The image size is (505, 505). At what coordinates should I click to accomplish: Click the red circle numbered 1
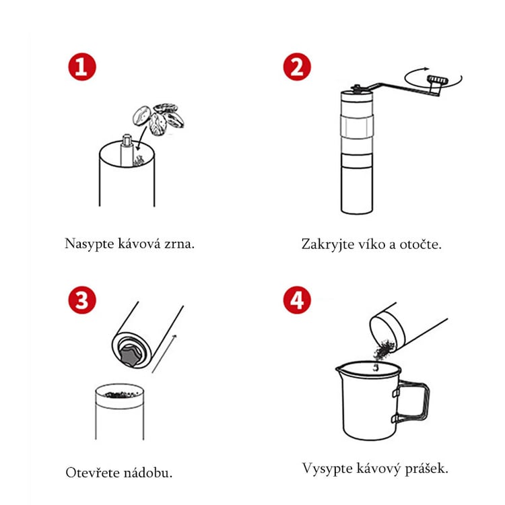pos(81,67)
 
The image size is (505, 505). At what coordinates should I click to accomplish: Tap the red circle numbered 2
pos(297,67)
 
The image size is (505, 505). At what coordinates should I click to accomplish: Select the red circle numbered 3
pos(81,300)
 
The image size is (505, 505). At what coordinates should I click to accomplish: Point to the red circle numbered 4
pos(297,300)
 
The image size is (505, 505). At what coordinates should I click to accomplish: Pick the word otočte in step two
pos(420,244)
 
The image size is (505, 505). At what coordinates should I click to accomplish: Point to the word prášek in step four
pos(426,469)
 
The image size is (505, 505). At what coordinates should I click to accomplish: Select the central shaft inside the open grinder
pos(127,149)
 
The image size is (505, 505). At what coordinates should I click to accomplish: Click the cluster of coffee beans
pos(158,119)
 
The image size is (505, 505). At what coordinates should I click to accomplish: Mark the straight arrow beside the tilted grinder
pos(164,353)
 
